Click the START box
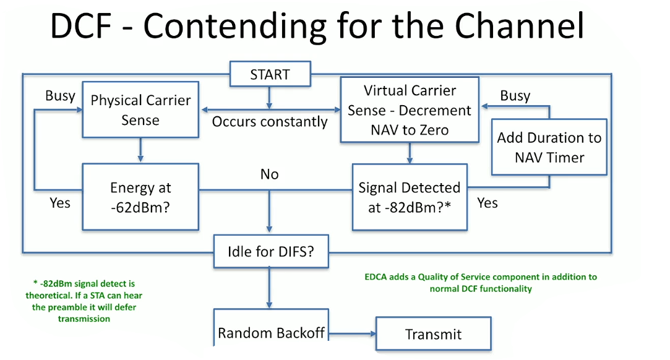(x=269, y=75)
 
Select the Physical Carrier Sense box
(x=140, y=110)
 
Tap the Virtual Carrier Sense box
(x=410, y=110)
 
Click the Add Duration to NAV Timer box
(x=549, y=147)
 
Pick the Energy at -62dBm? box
(x=140, y=197)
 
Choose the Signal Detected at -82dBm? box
(x=409, y=197)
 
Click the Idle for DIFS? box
(x=270, y=252)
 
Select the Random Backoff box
(x=270, y=333)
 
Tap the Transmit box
(x=433, y=335)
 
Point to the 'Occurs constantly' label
(x=270, y=122)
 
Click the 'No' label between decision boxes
(x=269, y=175)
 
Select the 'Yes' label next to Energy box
(x=60, y=203)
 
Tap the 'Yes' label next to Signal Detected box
(x=487, y=203)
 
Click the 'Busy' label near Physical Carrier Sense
(x=60, y=96)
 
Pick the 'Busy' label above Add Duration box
(x=515, y=96)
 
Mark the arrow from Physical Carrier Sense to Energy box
(x=140, y=150)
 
